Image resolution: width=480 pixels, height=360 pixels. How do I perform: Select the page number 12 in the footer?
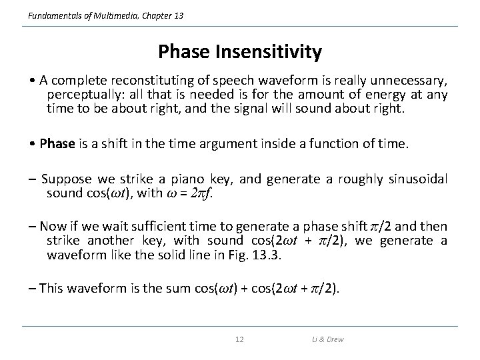click(x=240, y=340)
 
